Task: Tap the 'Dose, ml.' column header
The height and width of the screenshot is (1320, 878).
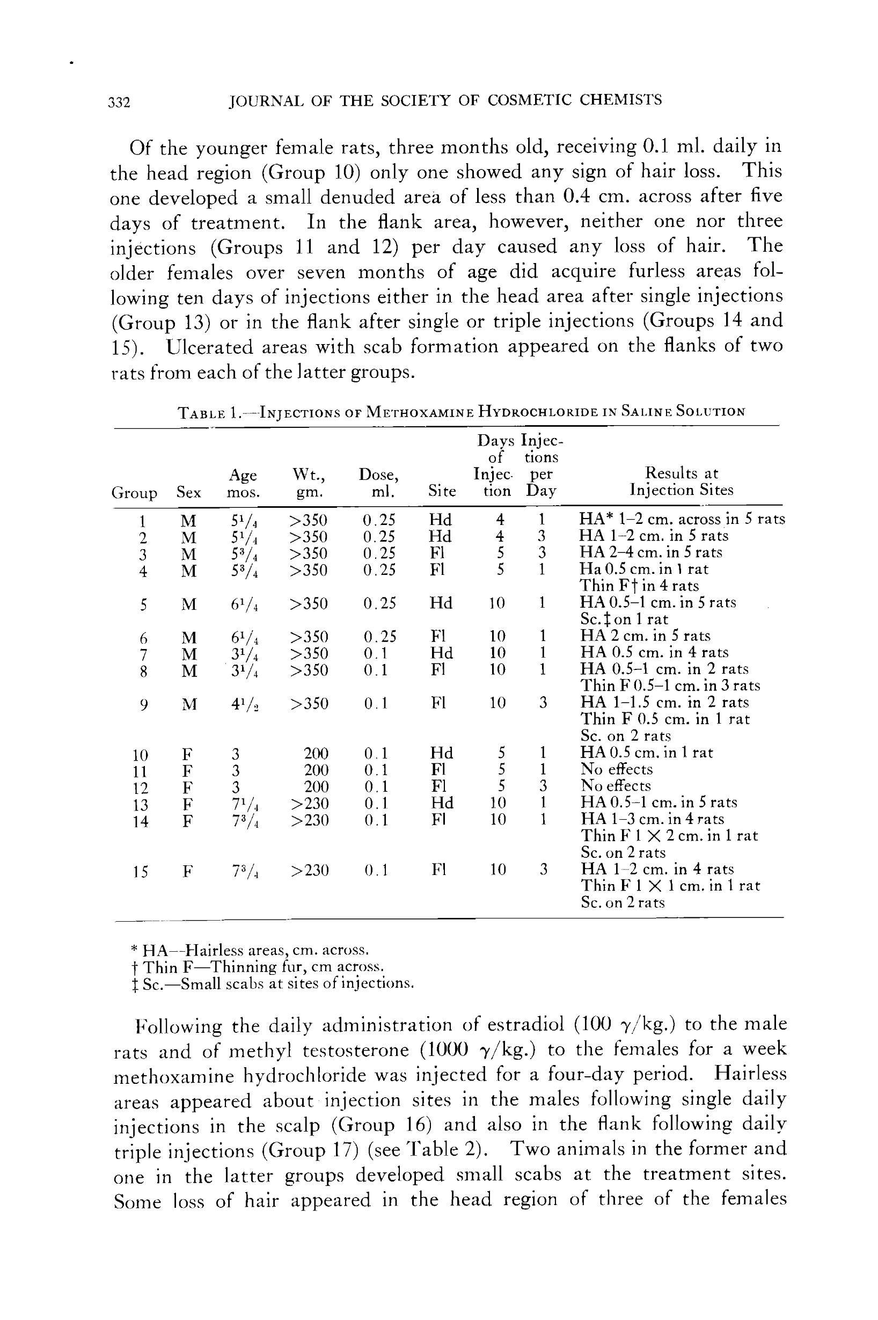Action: pyautogui.click(x=378, y=483)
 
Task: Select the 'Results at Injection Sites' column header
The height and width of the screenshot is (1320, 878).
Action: pyautogui.click(x=681, y=482)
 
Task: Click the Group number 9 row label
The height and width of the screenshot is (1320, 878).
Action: pyautogui.click(x=143, y=704)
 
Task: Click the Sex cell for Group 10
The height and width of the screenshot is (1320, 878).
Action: pyautogui.click(x=188, y=754)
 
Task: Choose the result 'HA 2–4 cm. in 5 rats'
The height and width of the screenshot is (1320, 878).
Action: pyautogui.click(x=650, y=553)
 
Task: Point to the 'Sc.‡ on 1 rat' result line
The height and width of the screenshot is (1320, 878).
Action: pyautogui.click(x=624, y=619)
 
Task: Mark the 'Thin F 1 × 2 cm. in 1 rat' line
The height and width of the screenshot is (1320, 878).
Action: pyautogui.click(x=669, y=836)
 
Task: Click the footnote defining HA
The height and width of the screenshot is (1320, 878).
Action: pyautogui.click(x=250, y=950)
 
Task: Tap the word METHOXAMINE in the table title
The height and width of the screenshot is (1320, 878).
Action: pyautogui.click(x=420, y=413)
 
